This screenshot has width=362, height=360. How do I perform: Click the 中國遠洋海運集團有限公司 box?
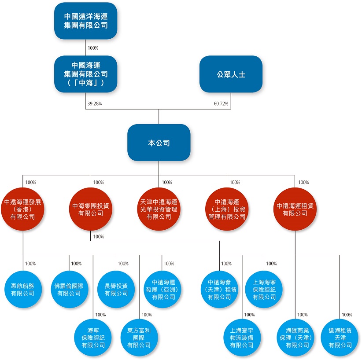point(85,21)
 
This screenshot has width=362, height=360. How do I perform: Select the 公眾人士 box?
point(231,74)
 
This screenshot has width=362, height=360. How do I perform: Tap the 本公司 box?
point(159,143)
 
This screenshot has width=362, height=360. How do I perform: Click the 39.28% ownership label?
point(95,104)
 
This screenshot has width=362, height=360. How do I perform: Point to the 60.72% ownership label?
point(221,104)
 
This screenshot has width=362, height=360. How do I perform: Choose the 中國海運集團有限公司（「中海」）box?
point(85,74)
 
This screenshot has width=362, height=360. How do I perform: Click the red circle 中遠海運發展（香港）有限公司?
point(22,209)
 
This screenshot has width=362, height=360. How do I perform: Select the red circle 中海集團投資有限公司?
point(91,209)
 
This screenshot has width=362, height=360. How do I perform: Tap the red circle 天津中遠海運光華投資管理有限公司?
point(159,209)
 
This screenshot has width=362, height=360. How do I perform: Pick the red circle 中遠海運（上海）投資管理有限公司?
point(227,209)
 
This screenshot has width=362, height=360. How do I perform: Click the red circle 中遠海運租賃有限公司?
point(295,209)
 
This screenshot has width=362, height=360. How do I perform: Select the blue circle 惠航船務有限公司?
point(22,289)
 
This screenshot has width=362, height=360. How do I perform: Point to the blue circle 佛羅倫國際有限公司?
point(69,289)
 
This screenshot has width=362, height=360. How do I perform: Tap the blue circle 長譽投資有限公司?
point(116,289)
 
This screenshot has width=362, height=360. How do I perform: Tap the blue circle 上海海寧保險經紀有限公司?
point(264,289)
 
